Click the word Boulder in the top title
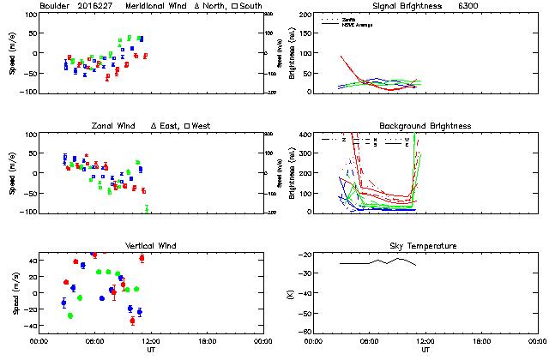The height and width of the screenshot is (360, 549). [56, 6]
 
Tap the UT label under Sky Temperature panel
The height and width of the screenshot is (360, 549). [425, 350]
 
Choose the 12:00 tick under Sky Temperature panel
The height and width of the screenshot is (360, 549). [425, 341]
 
